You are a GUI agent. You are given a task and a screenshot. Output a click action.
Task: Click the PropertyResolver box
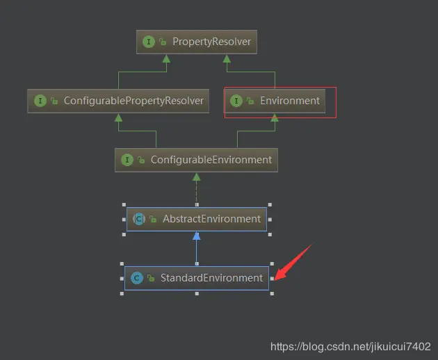tap(194, 42)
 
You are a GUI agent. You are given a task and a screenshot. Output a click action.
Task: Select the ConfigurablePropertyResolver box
tap(118, 101)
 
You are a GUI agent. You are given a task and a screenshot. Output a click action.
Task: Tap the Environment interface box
tap(279, 101)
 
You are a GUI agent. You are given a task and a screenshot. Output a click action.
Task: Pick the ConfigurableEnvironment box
tap(197, 160)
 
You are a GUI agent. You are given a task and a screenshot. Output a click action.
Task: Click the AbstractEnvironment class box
tap(197, 219)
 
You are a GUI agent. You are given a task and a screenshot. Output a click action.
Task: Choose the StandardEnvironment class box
tap(197, 278)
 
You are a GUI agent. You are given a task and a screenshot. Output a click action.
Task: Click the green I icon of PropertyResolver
tap(148, 42)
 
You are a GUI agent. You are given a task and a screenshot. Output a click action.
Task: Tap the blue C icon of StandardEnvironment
tap(137, 278)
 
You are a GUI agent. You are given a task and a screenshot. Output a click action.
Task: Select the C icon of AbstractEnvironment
tap(138, 219)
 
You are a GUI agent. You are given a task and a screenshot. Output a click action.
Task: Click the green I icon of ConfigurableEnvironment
tap(127, 160)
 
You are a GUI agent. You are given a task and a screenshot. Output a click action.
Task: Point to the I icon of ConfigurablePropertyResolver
tap(40, 101)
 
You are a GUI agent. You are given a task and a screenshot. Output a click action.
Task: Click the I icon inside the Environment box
tap(236, 101)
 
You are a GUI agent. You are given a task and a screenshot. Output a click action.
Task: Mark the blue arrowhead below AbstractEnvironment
tap(197, 236)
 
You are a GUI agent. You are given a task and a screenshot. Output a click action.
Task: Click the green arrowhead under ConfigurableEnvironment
tap(197, 177)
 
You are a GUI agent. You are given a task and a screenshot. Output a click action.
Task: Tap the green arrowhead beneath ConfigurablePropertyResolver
tap(118, 117)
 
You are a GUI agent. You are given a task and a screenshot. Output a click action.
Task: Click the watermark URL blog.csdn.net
tap(350, 346)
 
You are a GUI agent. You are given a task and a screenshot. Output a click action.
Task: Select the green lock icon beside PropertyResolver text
tap(162, 42)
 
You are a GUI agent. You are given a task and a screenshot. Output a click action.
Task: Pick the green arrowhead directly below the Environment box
tap(275, 118)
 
